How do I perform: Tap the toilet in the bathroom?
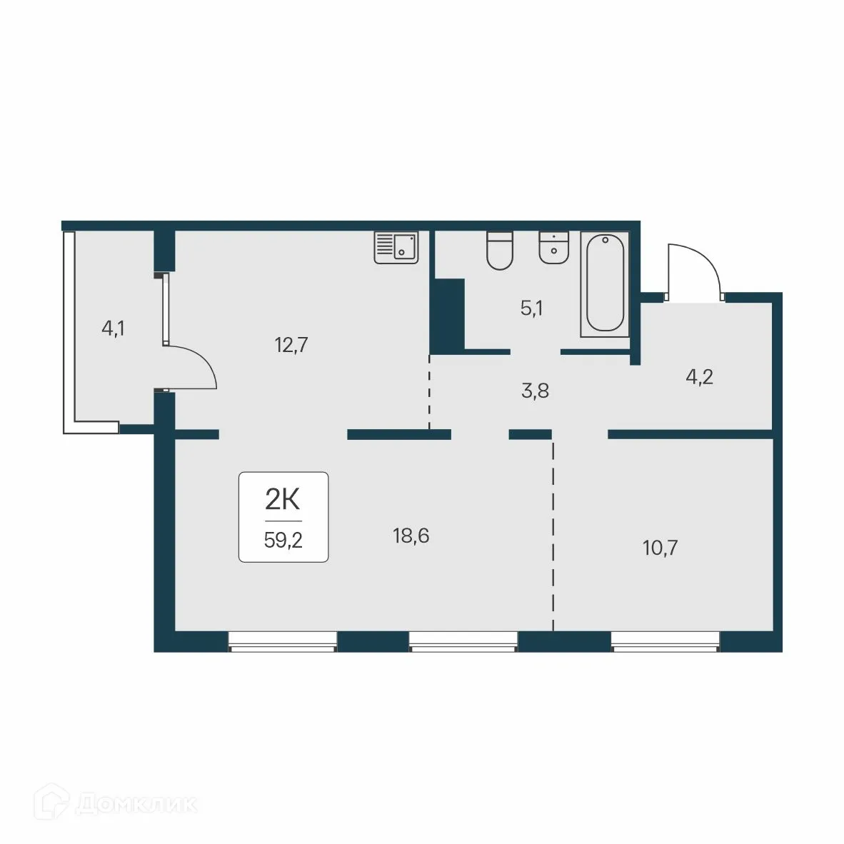[500, 251]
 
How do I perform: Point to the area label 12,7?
[290, 346]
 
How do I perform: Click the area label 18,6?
[411, 535]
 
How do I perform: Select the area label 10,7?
[660, 548]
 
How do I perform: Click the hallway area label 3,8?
[535, 391]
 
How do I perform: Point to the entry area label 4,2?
[699, 376]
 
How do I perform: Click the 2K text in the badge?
[283, 501]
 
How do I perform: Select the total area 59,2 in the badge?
[283, 540]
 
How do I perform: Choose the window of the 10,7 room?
[665, 640]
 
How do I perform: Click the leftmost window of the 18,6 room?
[282, 640]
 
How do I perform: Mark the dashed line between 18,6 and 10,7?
[553, 536]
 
